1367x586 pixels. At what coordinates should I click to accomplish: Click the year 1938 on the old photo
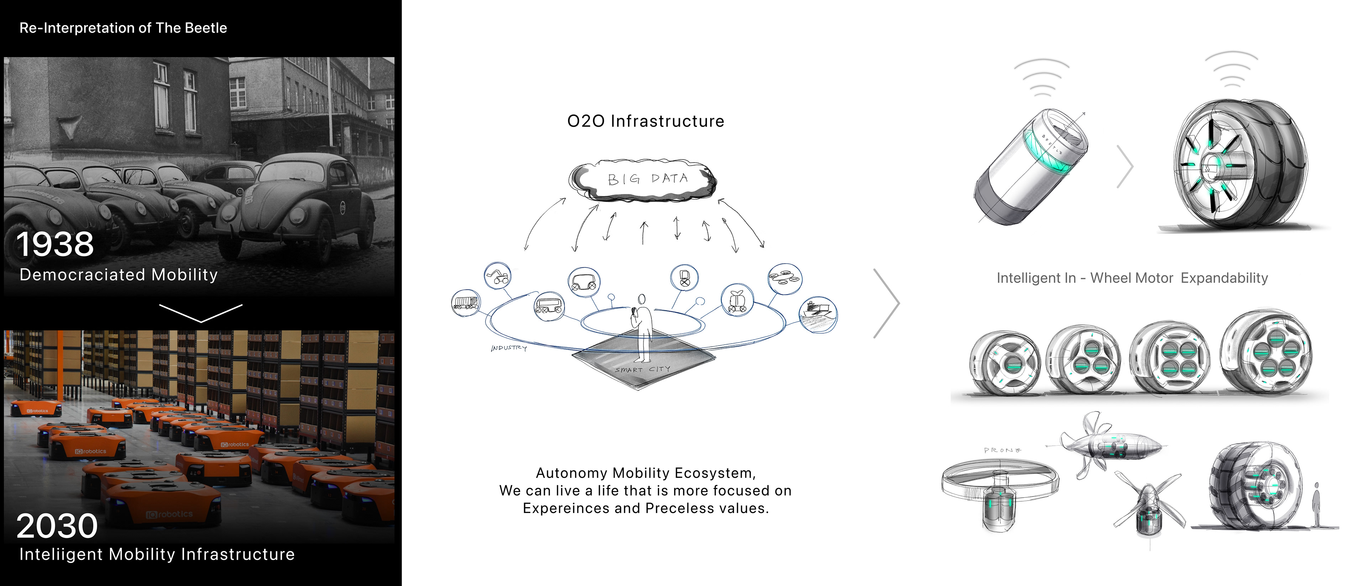[x=55, y=245]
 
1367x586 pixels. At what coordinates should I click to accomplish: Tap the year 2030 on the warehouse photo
[x=57, y=526]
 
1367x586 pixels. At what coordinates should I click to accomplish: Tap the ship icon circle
[x=817, y=314]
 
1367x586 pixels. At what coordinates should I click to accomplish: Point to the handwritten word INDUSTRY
[x=508, y=348]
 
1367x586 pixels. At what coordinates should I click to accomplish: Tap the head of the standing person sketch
[x=641, y=299]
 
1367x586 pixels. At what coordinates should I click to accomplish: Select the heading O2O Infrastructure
[x=645, y=121]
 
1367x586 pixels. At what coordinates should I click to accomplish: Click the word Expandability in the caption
[x=1224, y=278]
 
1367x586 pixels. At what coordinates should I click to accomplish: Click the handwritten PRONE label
[x=1002, y=450]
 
